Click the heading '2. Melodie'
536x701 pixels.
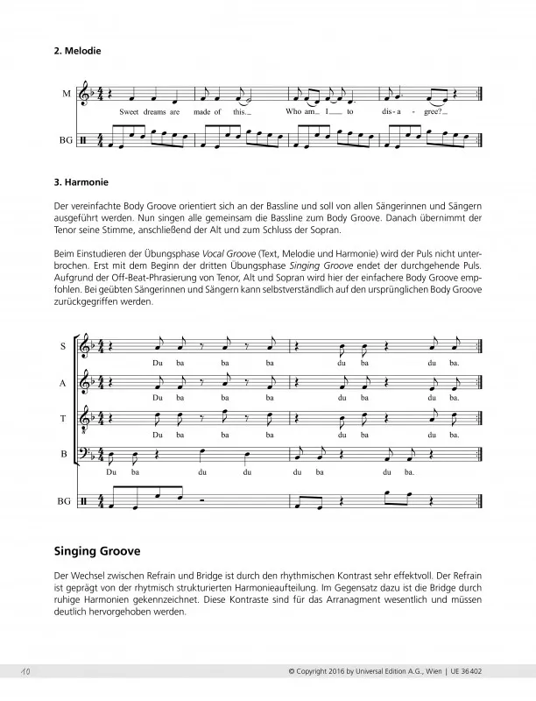coord(78,51)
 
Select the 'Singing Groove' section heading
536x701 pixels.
coord(98,552)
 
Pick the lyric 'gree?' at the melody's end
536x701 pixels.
coord(434,112)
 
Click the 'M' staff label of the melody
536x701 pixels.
coord(67,94)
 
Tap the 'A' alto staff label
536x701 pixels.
coord(64,383)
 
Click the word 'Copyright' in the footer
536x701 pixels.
coord(314,671)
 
